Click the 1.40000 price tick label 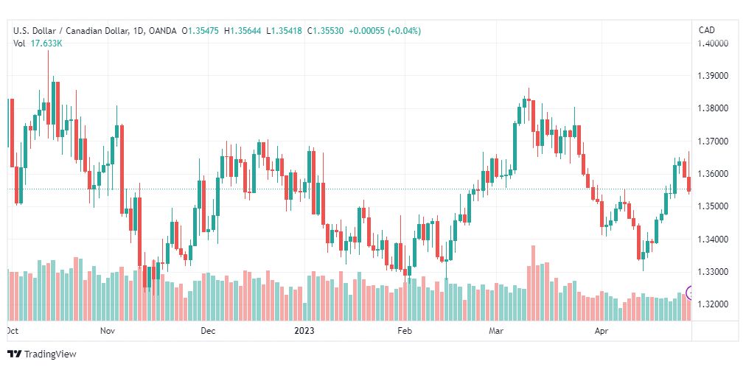(x=712, y=43)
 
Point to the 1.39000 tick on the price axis (x=712, y=76)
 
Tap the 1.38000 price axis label (x=712, y=108)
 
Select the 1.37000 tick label (x=712, y=141)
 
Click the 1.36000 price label (x=712, y=173)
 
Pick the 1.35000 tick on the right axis (x=712, y=206)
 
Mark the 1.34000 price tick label (x=712, y=239)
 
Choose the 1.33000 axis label (x=712, y=272)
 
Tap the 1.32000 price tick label (x=712, y=304)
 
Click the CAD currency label (x=706, y=30)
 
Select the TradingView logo (x=42, y=354)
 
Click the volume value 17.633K (x=46, y=43)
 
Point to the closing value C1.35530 (x=325, y=31)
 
